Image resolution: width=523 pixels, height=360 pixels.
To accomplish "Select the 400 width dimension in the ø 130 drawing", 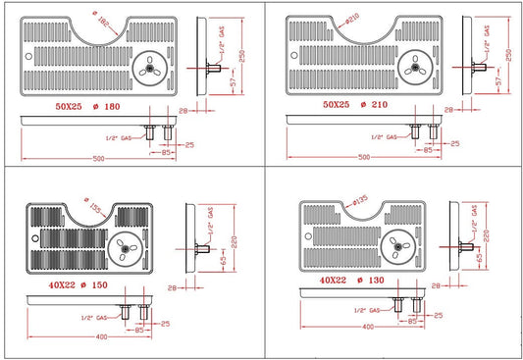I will tap(367, 326).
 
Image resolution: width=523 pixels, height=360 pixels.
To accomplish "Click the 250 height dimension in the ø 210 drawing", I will tap(508, 58).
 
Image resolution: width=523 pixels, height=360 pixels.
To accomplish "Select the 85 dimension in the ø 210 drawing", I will tap(428, 150).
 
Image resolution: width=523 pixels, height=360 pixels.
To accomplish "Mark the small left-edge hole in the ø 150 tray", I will tap(35, 238).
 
